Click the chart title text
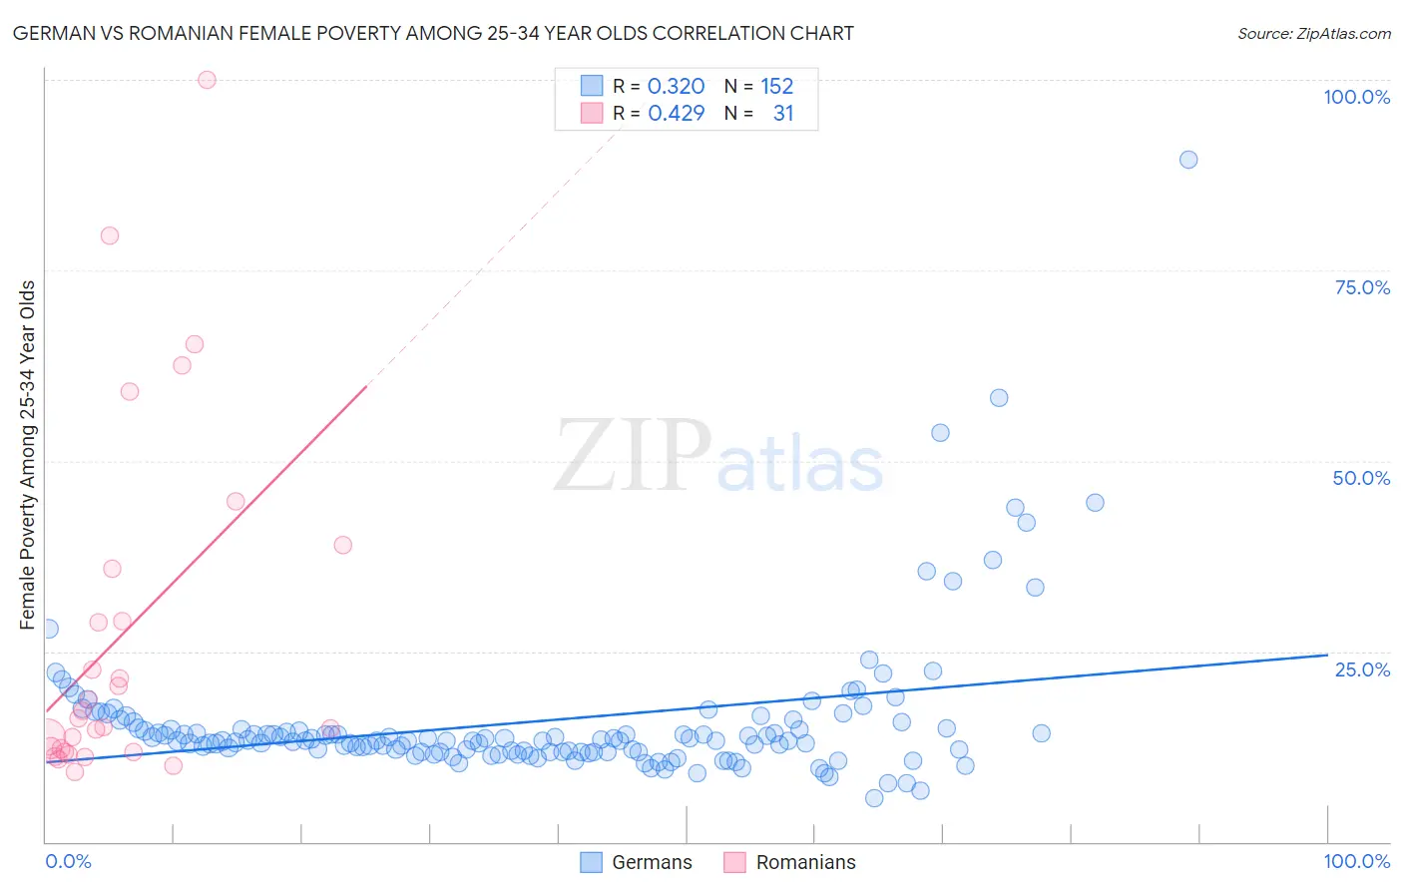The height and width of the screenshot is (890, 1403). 433,33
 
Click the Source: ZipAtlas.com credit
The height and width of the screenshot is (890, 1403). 1313,33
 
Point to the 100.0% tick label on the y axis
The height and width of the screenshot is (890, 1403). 1356,97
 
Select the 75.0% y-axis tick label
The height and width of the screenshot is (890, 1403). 1362,287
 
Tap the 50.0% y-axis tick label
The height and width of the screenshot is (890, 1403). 1361,478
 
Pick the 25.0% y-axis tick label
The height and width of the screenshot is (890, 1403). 1362,669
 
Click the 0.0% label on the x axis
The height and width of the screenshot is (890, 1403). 68,861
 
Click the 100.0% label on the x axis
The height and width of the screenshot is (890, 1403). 1356,861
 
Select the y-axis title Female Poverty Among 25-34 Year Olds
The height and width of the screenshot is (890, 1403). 28,455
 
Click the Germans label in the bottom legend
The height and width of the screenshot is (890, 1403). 652,862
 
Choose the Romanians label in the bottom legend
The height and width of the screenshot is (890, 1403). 805,862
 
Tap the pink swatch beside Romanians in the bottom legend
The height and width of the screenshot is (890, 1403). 734,862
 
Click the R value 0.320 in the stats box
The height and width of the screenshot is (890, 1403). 676,87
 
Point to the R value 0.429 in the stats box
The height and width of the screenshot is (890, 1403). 676,114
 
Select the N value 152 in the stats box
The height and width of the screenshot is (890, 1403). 776,87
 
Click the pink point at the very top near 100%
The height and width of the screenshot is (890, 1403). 207,80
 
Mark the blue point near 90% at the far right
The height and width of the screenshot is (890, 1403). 1187,160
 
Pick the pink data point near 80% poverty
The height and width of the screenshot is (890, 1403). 110,235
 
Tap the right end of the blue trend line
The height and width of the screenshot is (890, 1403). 1327,655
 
